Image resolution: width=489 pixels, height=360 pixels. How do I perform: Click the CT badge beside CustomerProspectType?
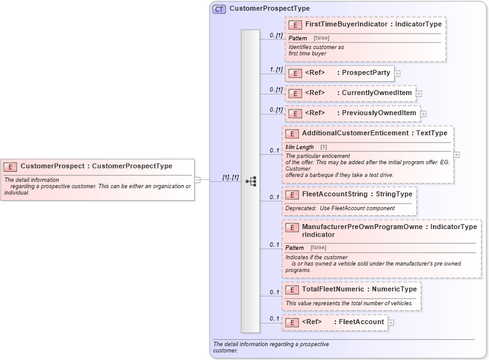click(219, 9)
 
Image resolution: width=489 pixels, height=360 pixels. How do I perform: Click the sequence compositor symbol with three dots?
click(250, 181)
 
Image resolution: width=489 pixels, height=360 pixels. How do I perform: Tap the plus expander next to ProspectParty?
click(397, 73)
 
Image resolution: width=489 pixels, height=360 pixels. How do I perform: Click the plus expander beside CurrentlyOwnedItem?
click(419, 94)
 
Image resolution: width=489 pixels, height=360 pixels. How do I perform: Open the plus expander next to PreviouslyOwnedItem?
click(424, 114)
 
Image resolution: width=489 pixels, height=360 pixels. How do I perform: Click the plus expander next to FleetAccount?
click(391, 323)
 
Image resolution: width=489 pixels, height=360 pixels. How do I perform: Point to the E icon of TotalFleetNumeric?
click(291, 290)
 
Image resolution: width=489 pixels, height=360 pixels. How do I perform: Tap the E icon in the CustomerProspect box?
click(10, 167)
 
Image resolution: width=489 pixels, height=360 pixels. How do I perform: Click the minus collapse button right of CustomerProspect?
click(197, 179)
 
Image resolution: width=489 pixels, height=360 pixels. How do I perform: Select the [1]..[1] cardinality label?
click(231, 177)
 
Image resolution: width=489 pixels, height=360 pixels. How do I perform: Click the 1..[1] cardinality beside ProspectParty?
click(276, 69)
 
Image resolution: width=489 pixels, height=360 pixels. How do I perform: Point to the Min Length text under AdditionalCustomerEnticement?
click(300, 147)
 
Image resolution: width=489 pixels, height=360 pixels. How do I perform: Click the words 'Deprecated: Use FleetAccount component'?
click(340, 208)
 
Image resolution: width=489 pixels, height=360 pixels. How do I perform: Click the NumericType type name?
click(394, 290)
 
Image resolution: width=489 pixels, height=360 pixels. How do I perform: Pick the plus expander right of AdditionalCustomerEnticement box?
click(456, 154)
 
